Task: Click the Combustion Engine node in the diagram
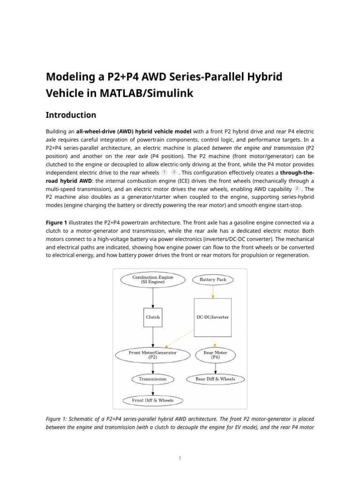153,279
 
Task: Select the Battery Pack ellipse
213,280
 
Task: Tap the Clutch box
153,317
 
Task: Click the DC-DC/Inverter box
213,317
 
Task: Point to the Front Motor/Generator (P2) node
153,355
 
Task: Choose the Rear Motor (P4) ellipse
216,355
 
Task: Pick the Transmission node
153,379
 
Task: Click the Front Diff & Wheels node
153,401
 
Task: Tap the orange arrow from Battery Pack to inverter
213,292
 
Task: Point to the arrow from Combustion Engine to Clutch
153,298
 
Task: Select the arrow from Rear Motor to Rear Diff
216,368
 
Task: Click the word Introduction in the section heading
71,115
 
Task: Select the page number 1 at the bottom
180,458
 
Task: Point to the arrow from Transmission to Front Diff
153,390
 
